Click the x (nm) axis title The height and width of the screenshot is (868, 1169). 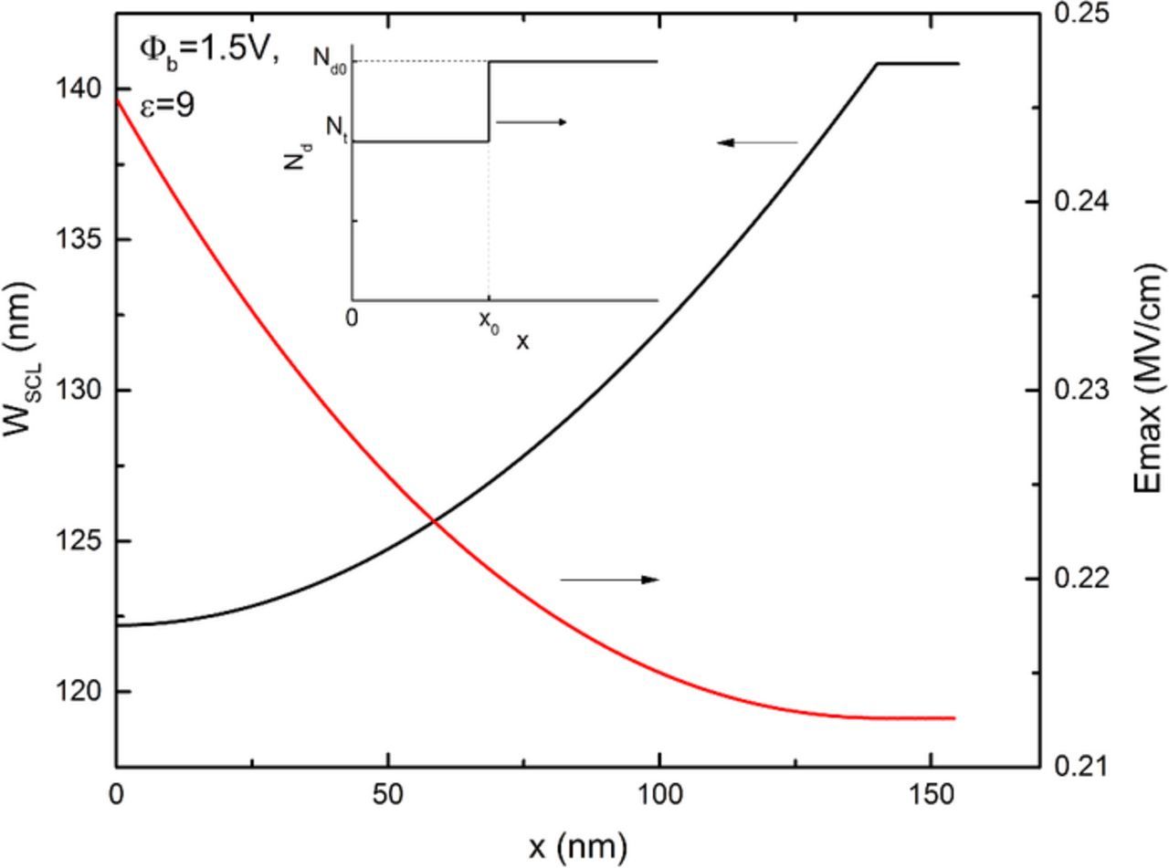click(577, 846)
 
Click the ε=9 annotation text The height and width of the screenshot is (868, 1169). click(166, 106)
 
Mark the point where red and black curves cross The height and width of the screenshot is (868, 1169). click(434, 521)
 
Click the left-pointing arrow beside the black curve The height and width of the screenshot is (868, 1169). click(757, 142)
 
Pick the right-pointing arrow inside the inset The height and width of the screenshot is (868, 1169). click(531, 121)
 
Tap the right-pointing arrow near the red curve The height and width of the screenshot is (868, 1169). click(609, 580)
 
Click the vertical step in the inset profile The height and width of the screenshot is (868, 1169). click(489, 101)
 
